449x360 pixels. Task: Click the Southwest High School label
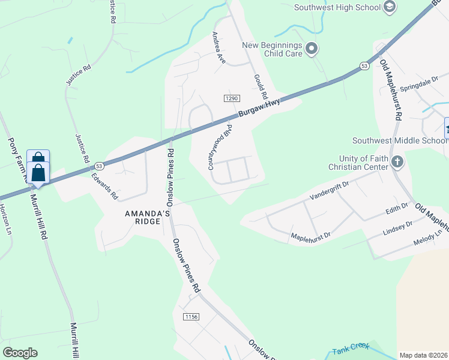click(x=337, y=7)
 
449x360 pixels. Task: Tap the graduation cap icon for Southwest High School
click(x=389, y=7)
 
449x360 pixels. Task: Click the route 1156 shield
click(x=191, y=317)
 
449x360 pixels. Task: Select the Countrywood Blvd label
click(x=220, y=147)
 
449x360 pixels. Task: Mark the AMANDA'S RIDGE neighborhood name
click(x=142, y=217)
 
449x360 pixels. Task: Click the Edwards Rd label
click(x=104, y=187)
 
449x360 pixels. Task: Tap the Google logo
click(x=20, y=353)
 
